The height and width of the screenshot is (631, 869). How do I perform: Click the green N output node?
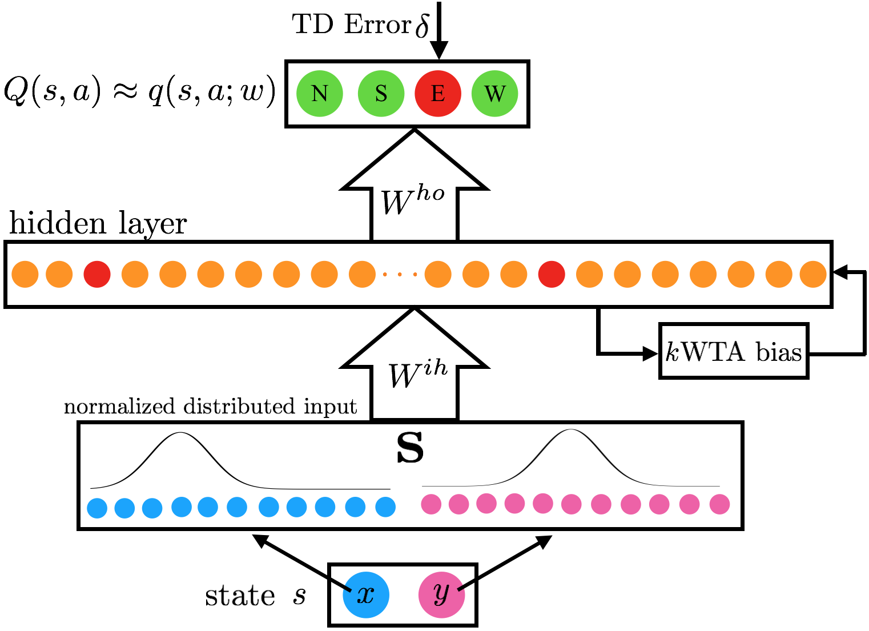320,93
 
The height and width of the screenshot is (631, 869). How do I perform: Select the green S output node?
381,93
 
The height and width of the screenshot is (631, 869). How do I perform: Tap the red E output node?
438,93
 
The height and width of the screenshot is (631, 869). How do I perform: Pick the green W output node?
494,93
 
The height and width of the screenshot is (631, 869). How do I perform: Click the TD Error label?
351,25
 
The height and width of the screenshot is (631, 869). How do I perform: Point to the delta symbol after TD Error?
422,26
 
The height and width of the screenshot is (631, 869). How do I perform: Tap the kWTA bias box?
734,351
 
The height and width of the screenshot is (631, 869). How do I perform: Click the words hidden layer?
98,223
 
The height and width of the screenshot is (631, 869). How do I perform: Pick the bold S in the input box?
410,449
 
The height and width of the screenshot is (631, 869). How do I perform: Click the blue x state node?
366,594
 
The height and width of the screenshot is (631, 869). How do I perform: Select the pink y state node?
441,594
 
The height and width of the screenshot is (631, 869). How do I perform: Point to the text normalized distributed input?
210,407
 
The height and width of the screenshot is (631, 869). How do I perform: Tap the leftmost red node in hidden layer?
97,274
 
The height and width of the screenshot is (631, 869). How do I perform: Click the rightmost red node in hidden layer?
552,274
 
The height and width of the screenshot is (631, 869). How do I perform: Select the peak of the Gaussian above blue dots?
180,433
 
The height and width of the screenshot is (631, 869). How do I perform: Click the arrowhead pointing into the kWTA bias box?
651,353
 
